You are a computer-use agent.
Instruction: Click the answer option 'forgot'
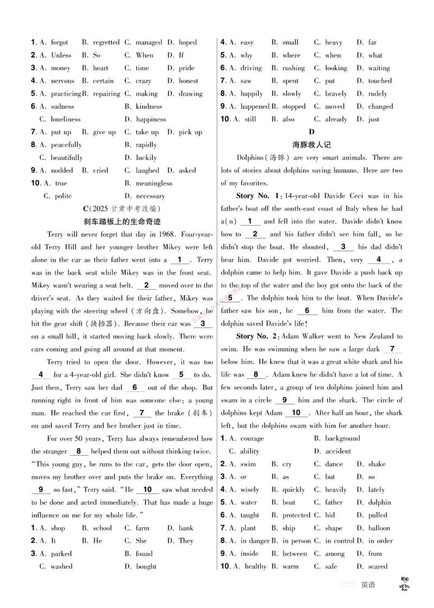coord(59,42)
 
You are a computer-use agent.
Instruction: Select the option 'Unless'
coord(61,55)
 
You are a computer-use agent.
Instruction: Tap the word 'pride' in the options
coord(186,68)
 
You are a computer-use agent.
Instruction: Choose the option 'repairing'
coord(106,94)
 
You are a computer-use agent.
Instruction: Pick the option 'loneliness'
coord(65,119)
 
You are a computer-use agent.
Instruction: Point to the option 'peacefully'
coord(66,145)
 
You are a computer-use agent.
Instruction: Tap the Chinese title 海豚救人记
coord(311,145)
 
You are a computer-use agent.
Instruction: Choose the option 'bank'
coord(186,528)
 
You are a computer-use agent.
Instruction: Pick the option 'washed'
coord(61,567)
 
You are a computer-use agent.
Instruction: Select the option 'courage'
coord(252,438)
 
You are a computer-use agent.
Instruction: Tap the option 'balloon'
coord(379,528)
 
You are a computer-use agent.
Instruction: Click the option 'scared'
coord(378,567)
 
